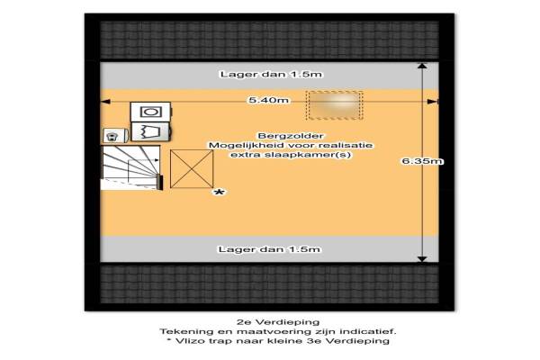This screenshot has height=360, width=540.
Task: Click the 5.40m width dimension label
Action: pos(269,100)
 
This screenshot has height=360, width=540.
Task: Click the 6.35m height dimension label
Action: pos(422,161)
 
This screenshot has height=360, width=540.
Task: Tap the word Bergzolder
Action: pos(291,136)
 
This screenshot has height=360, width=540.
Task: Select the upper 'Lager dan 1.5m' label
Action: pos(271,74)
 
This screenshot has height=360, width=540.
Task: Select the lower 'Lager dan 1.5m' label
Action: pos(269,249)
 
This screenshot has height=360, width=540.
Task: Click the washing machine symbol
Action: pos(151,112)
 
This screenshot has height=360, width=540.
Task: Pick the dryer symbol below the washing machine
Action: pos(151,131)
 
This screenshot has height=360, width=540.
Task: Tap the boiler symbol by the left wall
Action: pos(115,135)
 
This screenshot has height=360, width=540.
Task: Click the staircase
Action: pos(130,167)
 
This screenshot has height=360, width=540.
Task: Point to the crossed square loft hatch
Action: pos(192,169)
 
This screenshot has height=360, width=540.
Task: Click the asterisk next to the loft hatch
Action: pos(219,193)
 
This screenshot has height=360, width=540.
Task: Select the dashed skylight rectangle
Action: pos(334,105)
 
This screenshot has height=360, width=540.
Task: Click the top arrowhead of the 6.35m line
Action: pos(422,66)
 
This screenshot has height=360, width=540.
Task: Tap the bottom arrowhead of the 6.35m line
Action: pos(422,259)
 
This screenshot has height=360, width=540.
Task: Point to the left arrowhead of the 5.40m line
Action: pos(104,102)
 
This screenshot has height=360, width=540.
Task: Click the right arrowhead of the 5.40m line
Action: pos(433,102)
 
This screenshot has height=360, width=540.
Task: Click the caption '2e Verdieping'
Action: pos(278,322)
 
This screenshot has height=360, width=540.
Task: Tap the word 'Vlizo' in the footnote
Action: pos(188,341)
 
